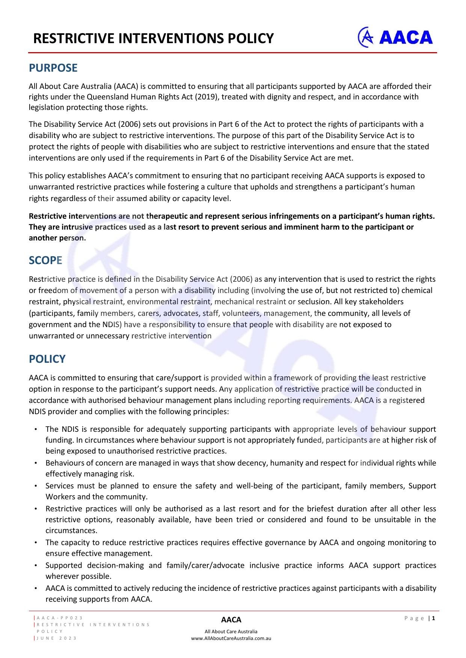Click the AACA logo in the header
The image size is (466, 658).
[395, 37]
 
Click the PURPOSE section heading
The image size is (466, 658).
[53, 68]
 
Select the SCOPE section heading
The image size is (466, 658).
[45, 260]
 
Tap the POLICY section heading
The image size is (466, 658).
[47, 359]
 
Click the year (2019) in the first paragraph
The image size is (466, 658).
[207, 97]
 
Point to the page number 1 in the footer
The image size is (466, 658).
[434, 618]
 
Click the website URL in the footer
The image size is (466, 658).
[231, 638]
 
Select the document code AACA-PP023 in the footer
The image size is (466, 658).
[60, 618]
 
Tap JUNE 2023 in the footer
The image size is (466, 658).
[57, 638]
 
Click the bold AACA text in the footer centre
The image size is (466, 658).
[231, 620]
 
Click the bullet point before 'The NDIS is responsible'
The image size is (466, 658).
[35, 429]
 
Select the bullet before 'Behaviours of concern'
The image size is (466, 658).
[35, 463]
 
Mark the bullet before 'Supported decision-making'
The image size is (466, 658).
[35, 565]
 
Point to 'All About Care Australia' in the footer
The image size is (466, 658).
[231, 631]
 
